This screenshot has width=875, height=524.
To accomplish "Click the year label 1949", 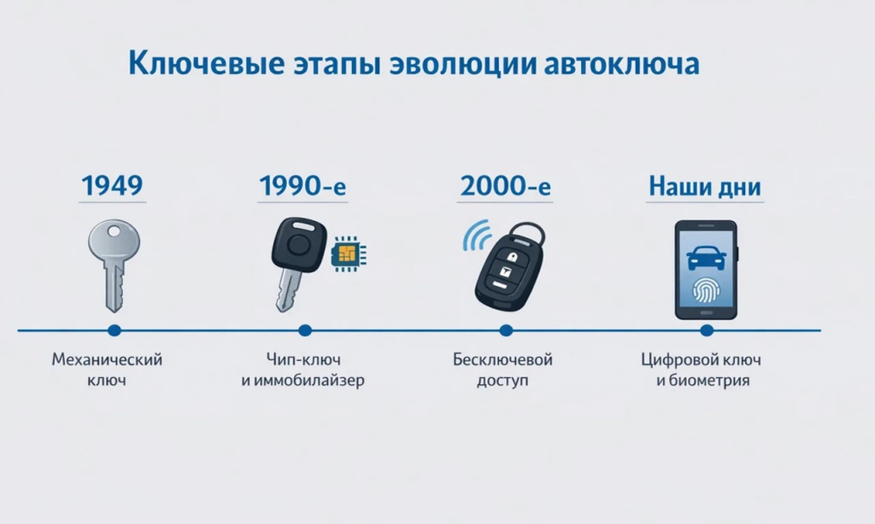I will coord(112,185).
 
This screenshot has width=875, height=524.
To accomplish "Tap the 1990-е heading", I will coord(302,185).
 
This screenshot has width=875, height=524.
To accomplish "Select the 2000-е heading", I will coord(506,185).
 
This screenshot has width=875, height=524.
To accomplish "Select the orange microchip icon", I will coord(345,253).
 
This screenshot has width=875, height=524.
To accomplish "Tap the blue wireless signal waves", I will coord(474,236).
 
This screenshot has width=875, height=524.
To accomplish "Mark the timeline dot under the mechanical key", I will coord(114,330).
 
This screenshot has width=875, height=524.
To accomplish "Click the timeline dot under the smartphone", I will coord(706,330).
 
